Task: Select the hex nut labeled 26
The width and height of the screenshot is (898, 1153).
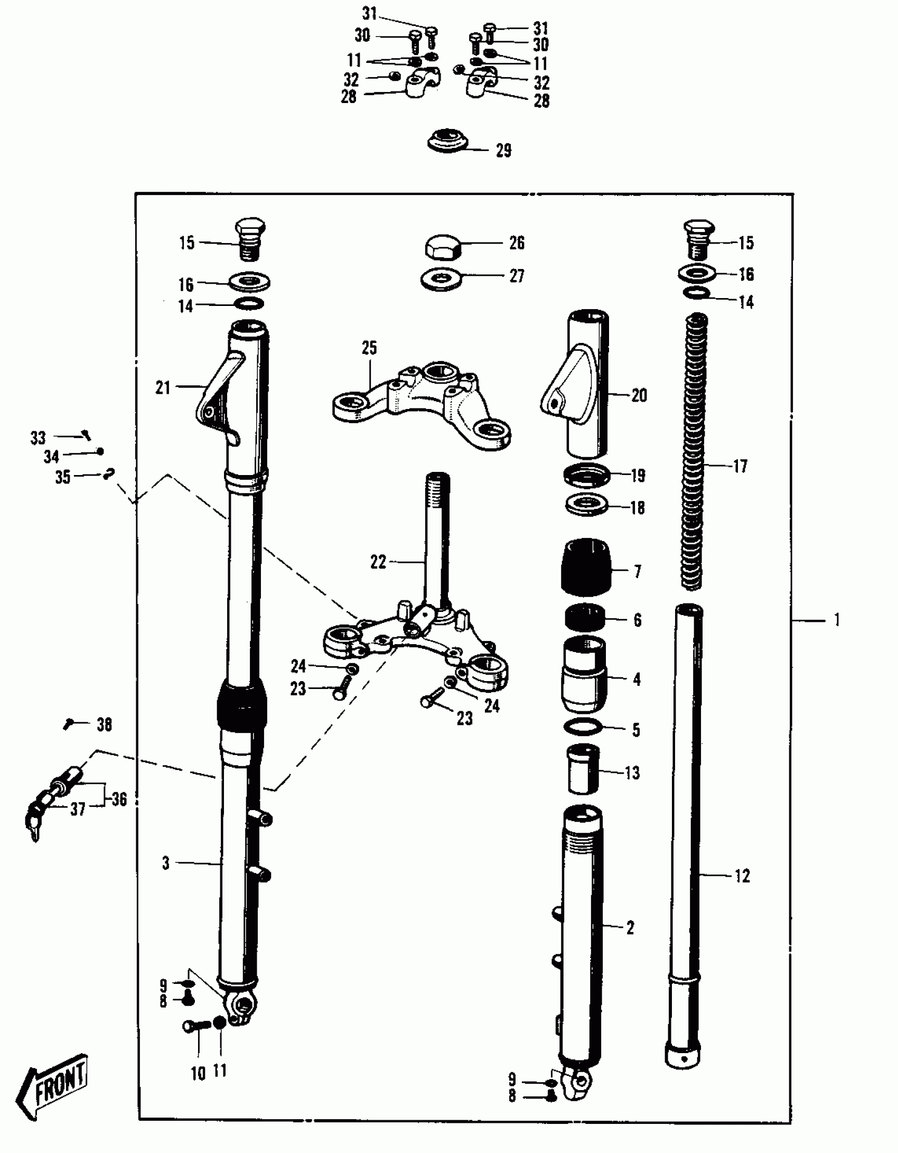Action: (443, 246)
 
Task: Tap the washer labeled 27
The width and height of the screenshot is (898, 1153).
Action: (442, 278)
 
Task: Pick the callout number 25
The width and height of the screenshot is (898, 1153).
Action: (369, 348)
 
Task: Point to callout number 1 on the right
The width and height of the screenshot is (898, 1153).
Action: (836, 619)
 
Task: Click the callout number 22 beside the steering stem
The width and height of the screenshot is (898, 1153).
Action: (378, 562)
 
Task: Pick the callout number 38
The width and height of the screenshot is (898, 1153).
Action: (105, 724)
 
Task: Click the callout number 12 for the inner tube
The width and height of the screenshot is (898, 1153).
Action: (742, 876)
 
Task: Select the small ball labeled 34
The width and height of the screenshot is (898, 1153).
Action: (100, 451)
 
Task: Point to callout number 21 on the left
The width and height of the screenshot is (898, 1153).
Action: (163, 388)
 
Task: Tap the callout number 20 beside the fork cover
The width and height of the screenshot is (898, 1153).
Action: (639, 395)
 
